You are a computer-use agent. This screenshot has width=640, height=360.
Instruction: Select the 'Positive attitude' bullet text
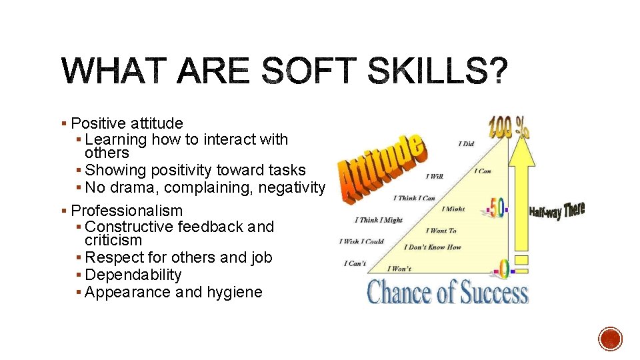click(127, 123)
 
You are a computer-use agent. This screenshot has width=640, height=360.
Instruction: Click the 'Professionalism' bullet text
click(127, 211)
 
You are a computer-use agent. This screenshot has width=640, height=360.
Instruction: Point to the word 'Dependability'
click(133, 275)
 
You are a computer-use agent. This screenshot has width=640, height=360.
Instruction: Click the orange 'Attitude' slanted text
click(380, 167)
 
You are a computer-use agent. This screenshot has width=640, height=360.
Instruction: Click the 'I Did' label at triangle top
click(466, 143)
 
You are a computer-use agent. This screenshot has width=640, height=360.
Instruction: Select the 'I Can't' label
click(355, 263)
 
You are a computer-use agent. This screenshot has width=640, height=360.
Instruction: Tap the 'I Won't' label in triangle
click(399, 269)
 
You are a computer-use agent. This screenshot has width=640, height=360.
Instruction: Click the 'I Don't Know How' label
click(432, 247)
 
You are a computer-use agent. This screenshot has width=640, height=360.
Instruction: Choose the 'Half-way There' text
click(557, 211)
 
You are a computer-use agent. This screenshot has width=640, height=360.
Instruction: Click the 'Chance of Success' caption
click(447, 292)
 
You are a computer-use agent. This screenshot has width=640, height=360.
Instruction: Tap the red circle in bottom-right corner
click(610, 339)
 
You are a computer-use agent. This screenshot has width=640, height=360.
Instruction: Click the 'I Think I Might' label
click(379, 220)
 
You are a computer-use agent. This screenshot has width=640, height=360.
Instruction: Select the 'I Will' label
click(435, 177)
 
